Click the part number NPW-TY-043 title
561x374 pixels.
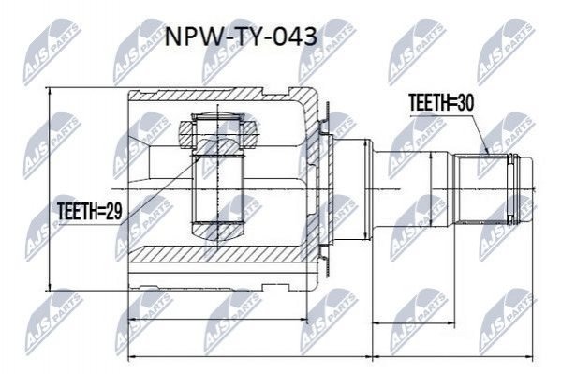click(x=241, y=37)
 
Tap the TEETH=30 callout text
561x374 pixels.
click(x=441, y=102)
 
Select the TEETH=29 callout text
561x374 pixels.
click(x=90, y=211)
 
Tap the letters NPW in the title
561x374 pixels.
click(x=189, y=37)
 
